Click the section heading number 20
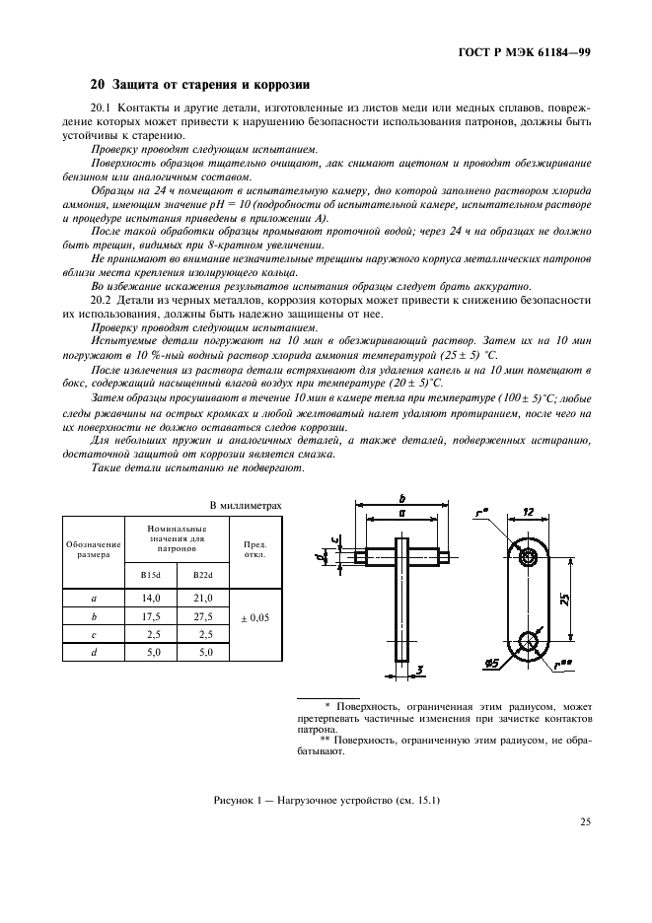coord(97,84)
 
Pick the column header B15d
coord(150,575)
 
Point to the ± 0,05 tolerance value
coord(254,617)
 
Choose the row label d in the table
coord(93,652)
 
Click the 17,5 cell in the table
coord(151,616)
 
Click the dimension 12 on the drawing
coord(530,513)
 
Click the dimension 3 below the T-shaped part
coord(419,672)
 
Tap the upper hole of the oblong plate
coord(530,557)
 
